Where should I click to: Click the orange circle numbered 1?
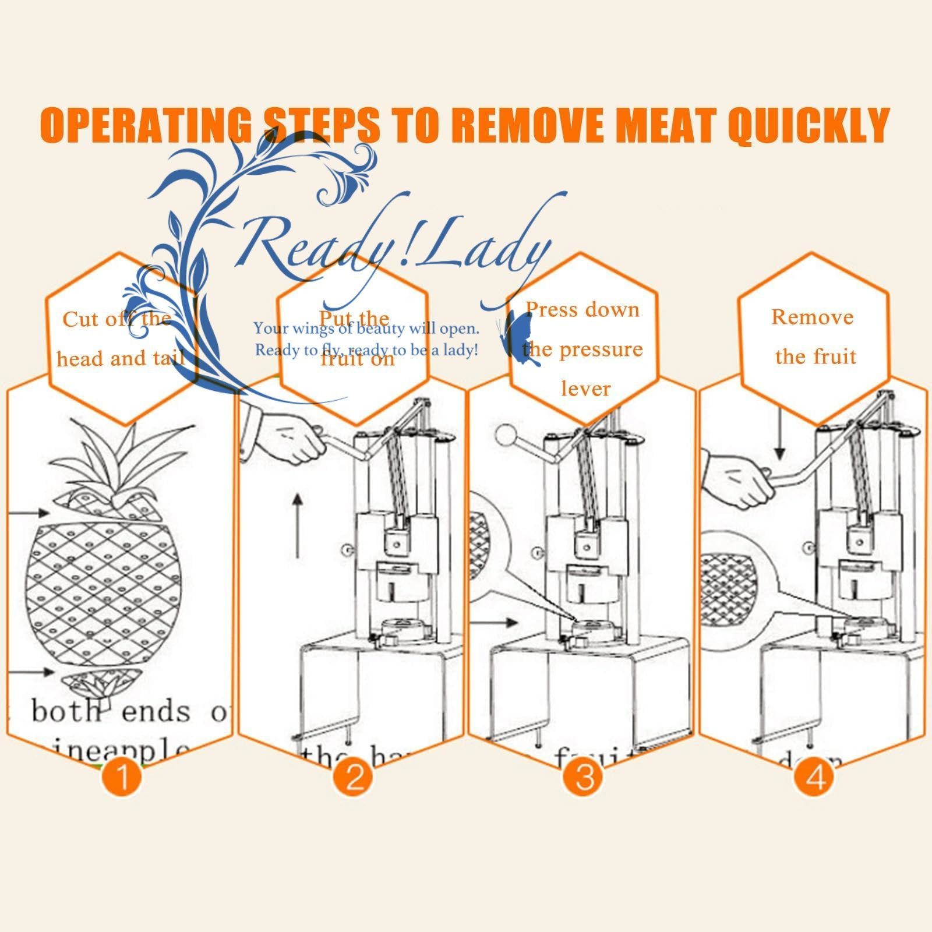click(122, 777)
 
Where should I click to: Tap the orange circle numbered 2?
click(354, 777)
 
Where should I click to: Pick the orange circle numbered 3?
click(584, 777)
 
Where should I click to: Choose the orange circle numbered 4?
click(815, 777)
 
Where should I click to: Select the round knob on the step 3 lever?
click(504, 435)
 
